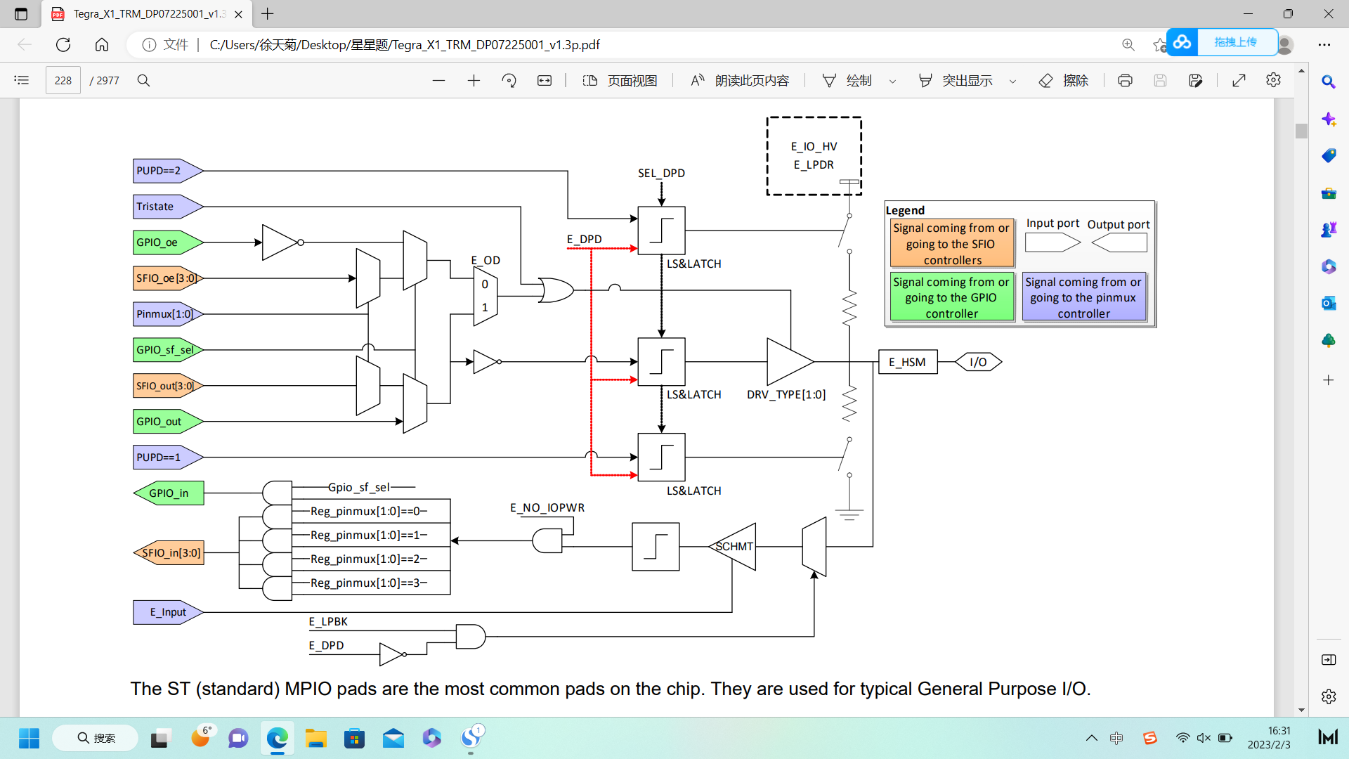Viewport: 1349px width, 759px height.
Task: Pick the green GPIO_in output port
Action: point(169,493)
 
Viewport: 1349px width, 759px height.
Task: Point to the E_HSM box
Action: point(907,362)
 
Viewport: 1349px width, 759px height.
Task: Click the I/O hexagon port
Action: point(978,362)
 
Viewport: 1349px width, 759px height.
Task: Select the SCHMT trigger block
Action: point(734,546)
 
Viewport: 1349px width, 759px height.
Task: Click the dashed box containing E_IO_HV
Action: point(814,155)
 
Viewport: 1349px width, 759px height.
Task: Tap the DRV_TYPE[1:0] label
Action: point(786,394)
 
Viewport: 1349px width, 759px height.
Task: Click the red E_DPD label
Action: point(584,239)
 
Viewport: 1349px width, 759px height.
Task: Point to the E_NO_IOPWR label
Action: point(547,507)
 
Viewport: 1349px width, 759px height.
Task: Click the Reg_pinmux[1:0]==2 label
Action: point(368,559)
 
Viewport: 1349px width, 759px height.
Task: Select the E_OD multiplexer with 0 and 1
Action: point(485,296)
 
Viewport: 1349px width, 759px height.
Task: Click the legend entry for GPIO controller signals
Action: point(951,297)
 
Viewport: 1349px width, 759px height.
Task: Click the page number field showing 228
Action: point(63,80)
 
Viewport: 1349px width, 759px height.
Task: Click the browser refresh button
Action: point(63,44)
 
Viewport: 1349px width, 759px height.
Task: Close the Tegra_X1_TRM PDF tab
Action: point(238,13)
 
